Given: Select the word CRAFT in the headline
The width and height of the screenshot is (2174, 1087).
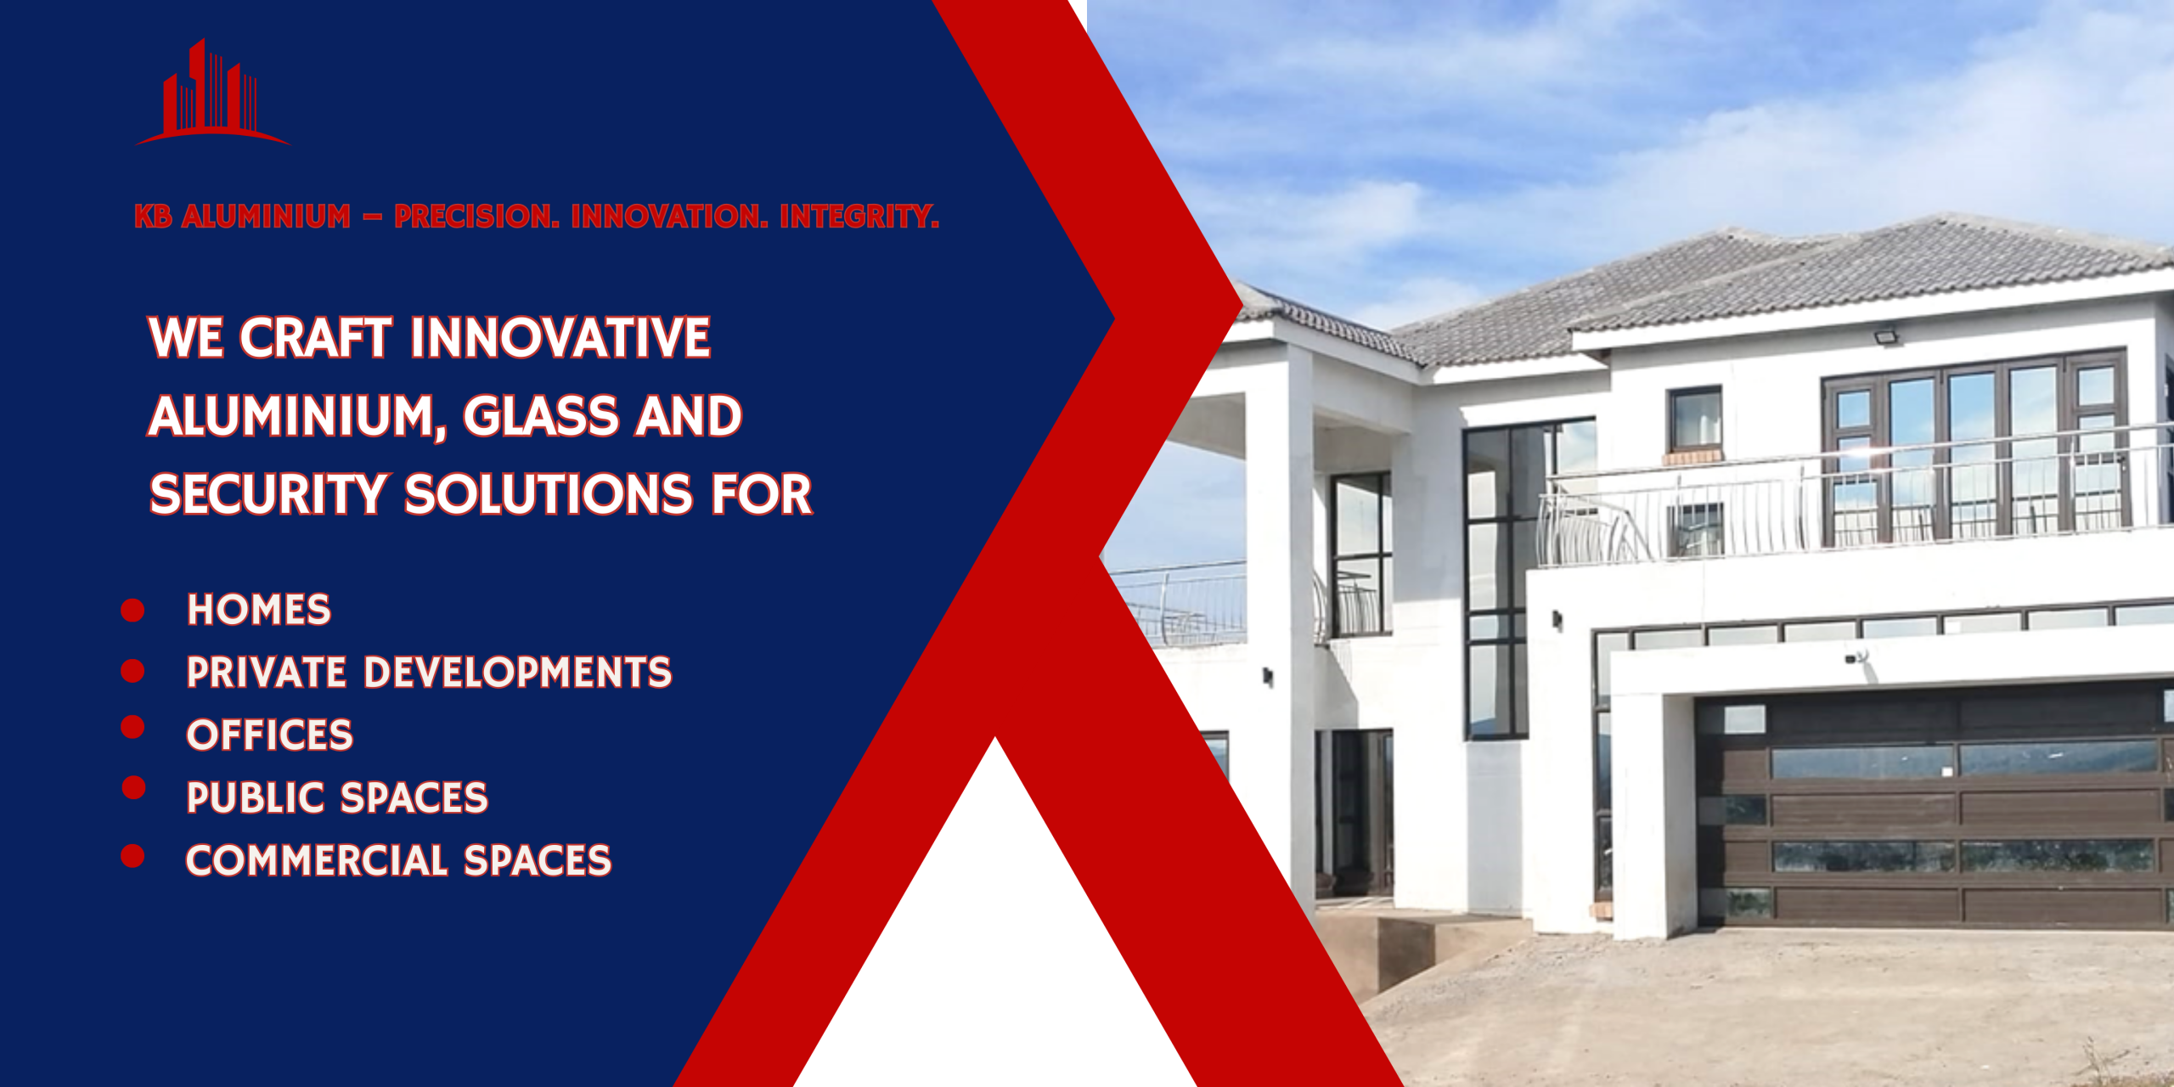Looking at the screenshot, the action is point(316,338).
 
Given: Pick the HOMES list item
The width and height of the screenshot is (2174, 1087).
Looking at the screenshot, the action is point(259,610).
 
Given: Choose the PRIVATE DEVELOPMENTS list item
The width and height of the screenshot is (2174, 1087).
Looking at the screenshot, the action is point(429,673).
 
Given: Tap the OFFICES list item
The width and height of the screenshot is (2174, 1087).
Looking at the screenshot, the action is point(269,735).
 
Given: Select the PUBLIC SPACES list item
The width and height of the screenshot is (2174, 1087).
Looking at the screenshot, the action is point(337,798).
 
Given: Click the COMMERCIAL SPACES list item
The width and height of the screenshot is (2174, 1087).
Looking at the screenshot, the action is point(398,860).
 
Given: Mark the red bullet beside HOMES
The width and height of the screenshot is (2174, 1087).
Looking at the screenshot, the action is point(132,610).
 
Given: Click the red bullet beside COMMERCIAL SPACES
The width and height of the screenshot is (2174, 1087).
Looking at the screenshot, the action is point(132,855).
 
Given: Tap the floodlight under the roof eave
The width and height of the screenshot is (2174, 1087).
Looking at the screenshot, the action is point(1888,336).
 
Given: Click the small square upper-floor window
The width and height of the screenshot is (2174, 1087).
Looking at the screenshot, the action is point(1695,420).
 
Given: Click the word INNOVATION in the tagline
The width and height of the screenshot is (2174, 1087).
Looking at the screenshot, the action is point(669,217).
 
